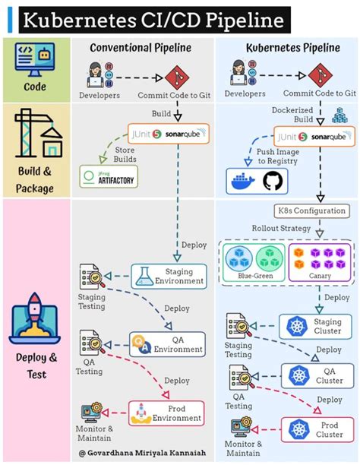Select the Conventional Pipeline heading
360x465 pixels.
coord(141,48)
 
